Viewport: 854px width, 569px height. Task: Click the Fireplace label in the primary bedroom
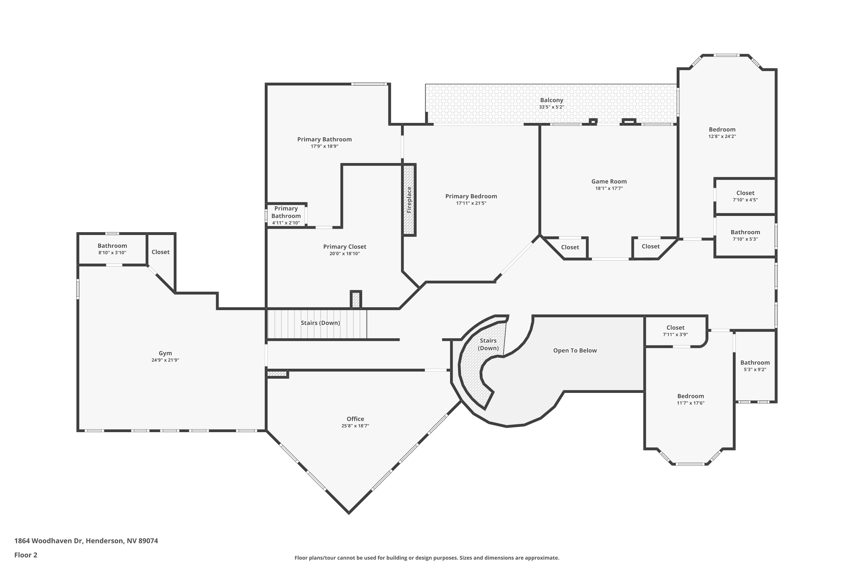point(409,200)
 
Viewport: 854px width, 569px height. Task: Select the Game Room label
point(609,182)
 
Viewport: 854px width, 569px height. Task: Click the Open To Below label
point(575,351)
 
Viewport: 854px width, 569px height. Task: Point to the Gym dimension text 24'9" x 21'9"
point(165,360)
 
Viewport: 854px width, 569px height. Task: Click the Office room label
point(355,419)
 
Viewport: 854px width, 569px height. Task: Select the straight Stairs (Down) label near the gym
point(320,323)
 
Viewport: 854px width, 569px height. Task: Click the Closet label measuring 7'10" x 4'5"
point(745,193)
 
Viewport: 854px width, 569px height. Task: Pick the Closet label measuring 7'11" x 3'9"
point(675,328)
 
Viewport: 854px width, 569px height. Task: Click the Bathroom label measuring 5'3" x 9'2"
point(755,362)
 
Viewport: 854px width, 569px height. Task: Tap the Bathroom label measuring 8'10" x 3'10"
point(112,246)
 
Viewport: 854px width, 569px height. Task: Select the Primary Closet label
point(344,247)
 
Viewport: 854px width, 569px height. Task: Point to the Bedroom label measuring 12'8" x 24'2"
point(722,129)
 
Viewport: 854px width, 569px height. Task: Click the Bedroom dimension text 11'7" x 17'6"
point(690,403)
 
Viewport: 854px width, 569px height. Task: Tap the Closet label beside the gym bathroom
point(161,252)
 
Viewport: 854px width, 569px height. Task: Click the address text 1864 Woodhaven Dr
point(86,541)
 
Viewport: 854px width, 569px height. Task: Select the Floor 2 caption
point(26,555)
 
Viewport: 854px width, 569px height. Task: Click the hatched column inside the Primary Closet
point(356,299)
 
